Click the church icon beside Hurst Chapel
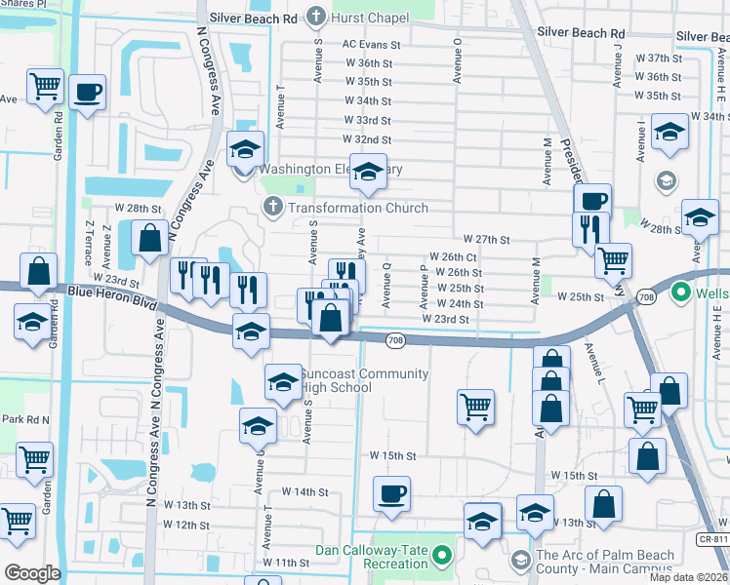point(315,16)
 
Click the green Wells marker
point(681,292)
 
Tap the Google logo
point(33,573)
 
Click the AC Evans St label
point(371,45)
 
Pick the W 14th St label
point(304,492)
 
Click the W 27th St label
point(487,239)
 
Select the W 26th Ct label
point(453,256)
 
